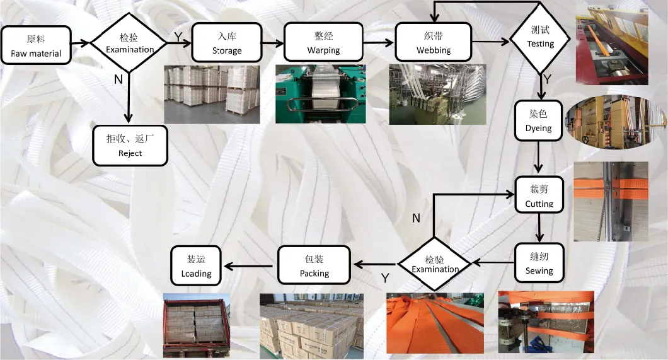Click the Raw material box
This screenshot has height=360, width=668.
(x=35, y=45)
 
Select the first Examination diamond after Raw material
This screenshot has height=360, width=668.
(x=129, y=43)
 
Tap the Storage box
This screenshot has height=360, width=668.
(x=227, y=43)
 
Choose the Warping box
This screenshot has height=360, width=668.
(x=323, y=43)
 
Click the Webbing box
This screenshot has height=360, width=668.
(x=434, y=43)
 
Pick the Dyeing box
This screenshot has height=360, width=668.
(x=538, y=121)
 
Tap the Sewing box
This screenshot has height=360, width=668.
(x=539, y=263)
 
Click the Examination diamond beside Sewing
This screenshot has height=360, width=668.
(x=435, y=264)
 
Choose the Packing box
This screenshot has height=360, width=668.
(x=314, y=265)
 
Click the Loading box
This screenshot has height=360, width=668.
(x=196, y=265)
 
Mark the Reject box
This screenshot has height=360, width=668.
(x=130, y=146)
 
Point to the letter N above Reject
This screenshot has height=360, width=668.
(x=118, y=79)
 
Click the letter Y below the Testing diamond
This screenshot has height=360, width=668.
(x=547, y=79)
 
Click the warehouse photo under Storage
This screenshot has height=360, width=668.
(x=212, y=94)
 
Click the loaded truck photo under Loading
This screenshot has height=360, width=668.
(x=196, y=325)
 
